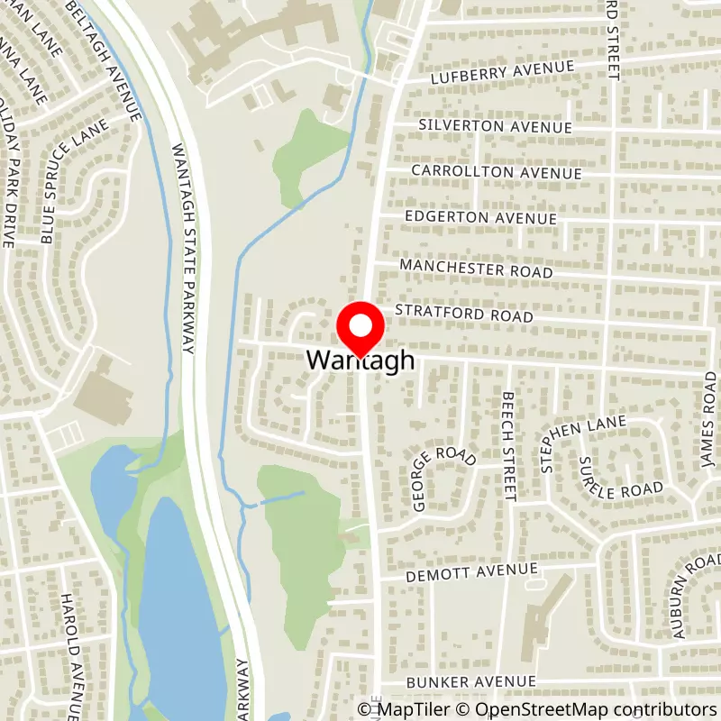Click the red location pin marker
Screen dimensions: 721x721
click(360, 331)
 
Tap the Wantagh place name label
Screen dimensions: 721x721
click(360, 360)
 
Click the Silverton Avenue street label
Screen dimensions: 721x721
click(496, 125)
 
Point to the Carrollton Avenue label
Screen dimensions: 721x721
click(497, 171)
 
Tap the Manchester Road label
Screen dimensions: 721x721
click(476, 269)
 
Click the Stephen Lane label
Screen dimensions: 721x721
click(558, 446)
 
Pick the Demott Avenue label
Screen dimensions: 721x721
click(459, 572)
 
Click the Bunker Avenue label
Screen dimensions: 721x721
click(459, 682)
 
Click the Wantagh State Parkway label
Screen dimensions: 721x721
click(185, 252)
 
